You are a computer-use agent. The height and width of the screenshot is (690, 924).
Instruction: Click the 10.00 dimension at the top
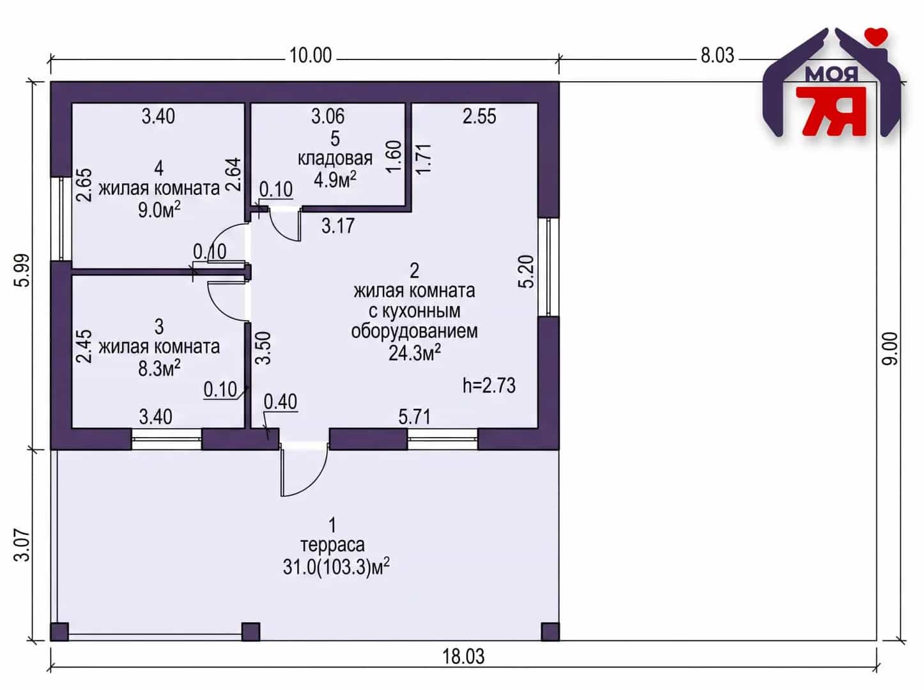pyautogui.click(x=311, y=56)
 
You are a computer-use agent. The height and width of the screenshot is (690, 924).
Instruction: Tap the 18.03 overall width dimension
pyautogui.click(x=463, y=657)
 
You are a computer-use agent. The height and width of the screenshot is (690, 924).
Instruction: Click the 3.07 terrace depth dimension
pyautogui.click(x=22, y=545)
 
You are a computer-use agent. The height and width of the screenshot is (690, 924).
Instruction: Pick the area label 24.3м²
pyautogui.click(x=415, y=353)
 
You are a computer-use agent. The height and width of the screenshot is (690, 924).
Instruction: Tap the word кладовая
pyautogui.click(x=335, y=158)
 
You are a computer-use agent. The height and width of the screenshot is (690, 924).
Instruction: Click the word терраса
pyautogui.click(x=332, y=545)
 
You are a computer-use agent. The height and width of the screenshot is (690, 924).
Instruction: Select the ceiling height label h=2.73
pyautogui.click(x=489, y=385)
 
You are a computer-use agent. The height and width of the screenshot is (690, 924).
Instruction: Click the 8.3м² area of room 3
pyautogui.click(x=159, y=368)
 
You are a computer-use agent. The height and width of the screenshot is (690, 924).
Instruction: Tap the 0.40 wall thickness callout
pyautogui.click(x=281, y=402)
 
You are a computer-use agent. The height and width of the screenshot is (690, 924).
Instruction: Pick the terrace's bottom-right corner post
pyautogui.click(x=550, y=632)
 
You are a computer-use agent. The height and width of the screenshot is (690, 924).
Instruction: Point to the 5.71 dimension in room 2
pyautogui.click(x=415, y=417)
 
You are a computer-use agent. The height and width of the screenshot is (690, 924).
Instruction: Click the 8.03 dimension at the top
pyautogui.click(x=718, y=56)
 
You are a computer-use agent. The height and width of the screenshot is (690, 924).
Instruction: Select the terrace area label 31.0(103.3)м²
pyautogui.click(x=336, y=567)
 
